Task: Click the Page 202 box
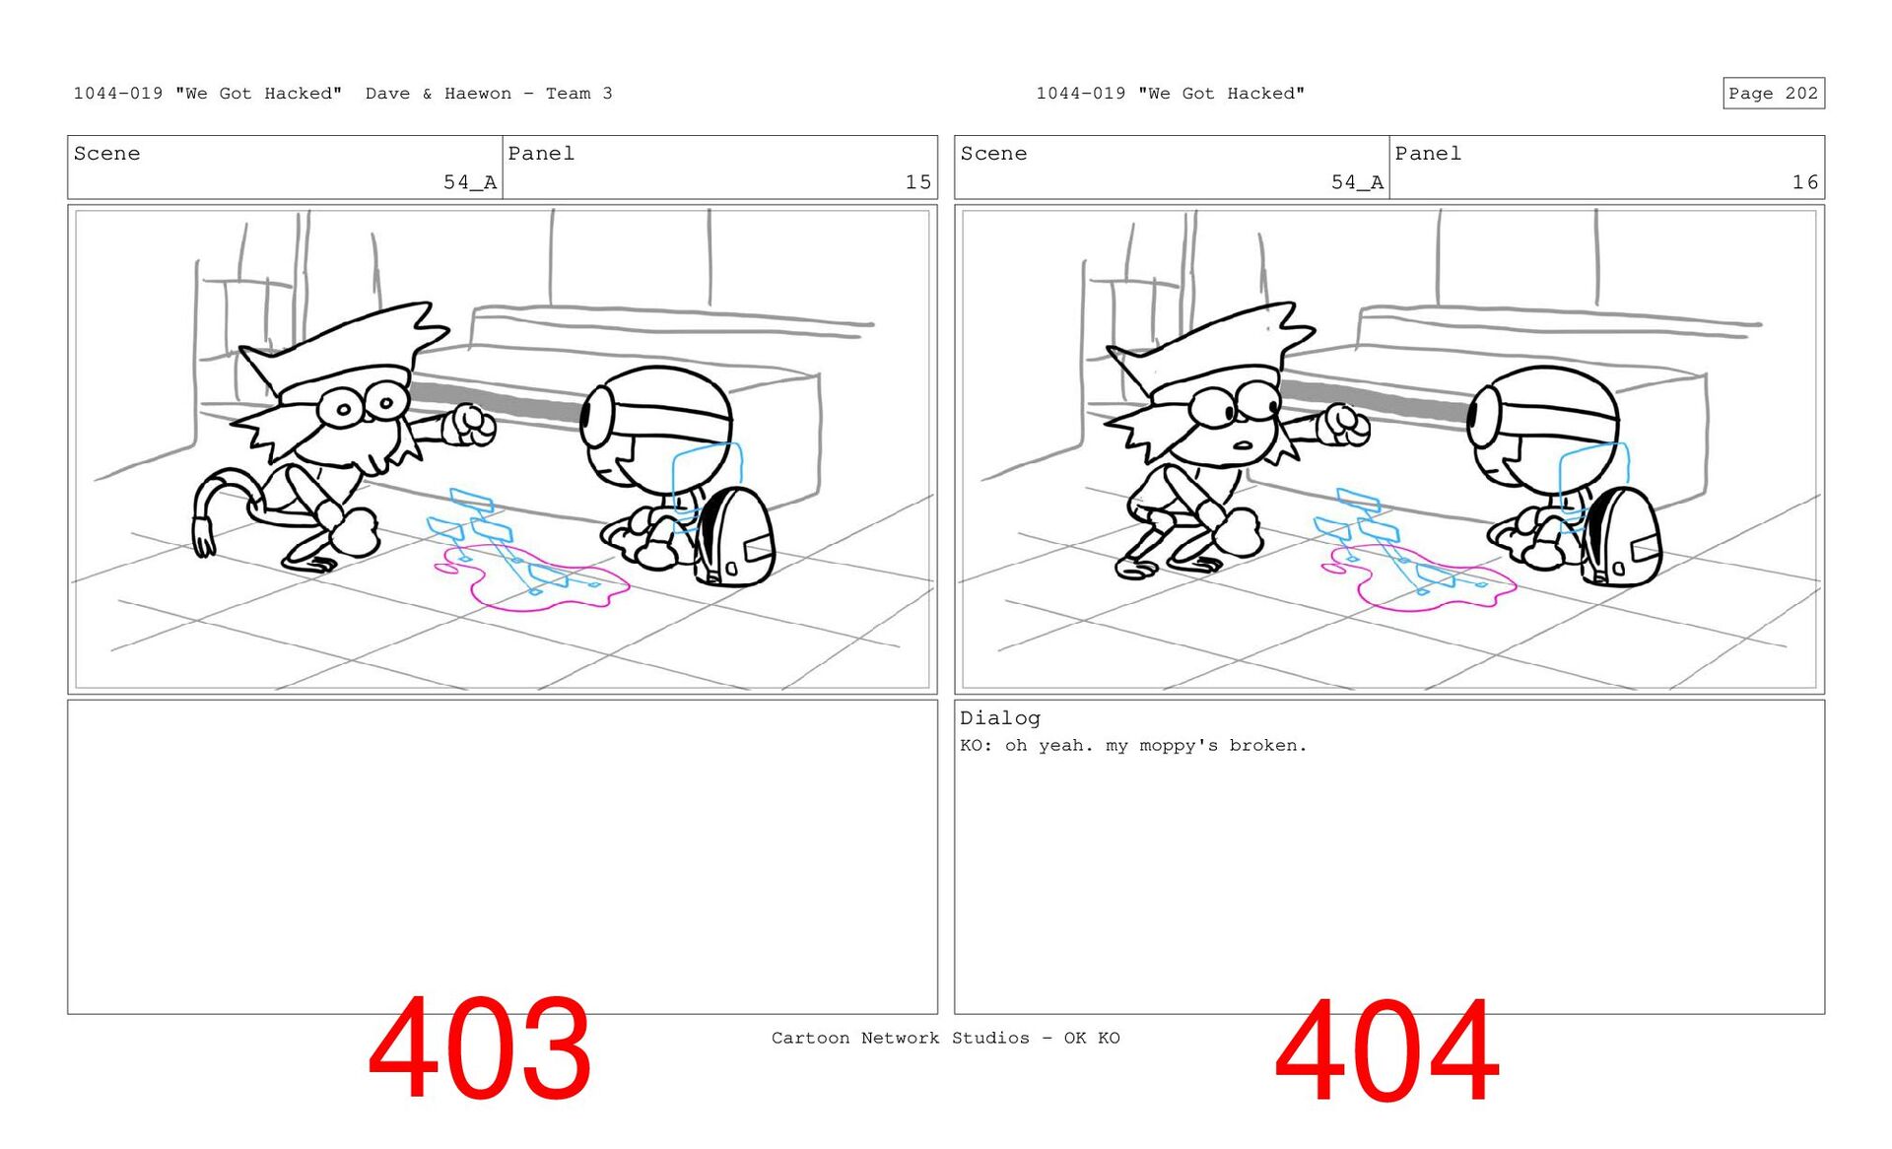coord(1773,93)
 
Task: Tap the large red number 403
coord(480,1048)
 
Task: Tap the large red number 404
coord(1386,1050)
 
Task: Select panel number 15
coord(917,182)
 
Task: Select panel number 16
coord(1804,182)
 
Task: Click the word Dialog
coord(1000,718)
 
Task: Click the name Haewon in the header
coord(478,94)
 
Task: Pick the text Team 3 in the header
coord(579,94)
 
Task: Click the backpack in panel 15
coord(735,538)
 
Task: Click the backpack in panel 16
coord(1622,538)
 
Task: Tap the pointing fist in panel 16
coord(1343,425)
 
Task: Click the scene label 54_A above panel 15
coord(469,182)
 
